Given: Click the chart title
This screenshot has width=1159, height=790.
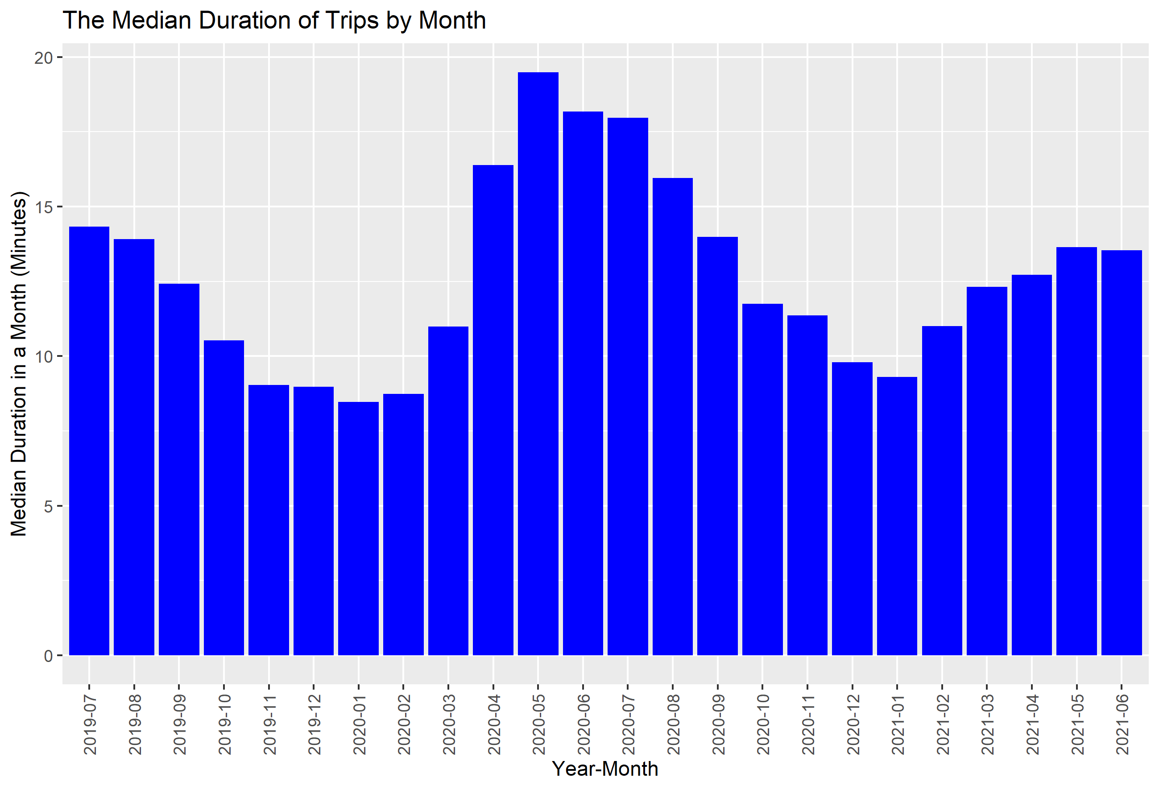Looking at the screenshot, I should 274,21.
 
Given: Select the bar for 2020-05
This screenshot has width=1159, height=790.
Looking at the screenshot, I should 538,364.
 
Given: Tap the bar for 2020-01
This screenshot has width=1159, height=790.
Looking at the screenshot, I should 358,529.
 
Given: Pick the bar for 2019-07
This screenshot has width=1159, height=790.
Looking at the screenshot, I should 89,441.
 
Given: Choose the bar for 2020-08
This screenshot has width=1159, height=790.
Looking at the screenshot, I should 672,417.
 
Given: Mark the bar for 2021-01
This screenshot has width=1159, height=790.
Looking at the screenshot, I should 897,516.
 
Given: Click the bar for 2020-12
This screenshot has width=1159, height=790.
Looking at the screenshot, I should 852,509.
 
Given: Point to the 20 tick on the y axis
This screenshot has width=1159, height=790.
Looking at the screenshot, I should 43,58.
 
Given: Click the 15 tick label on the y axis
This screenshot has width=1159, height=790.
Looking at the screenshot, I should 43,207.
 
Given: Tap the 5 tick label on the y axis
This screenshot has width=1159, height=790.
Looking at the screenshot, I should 48,506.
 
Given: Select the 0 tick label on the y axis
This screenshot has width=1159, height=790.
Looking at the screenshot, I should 48,656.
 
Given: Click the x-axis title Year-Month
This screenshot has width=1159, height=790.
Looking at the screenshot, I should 605,769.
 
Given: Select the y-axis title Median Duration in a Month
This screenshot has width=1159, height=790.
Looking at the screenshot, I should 19,364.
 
